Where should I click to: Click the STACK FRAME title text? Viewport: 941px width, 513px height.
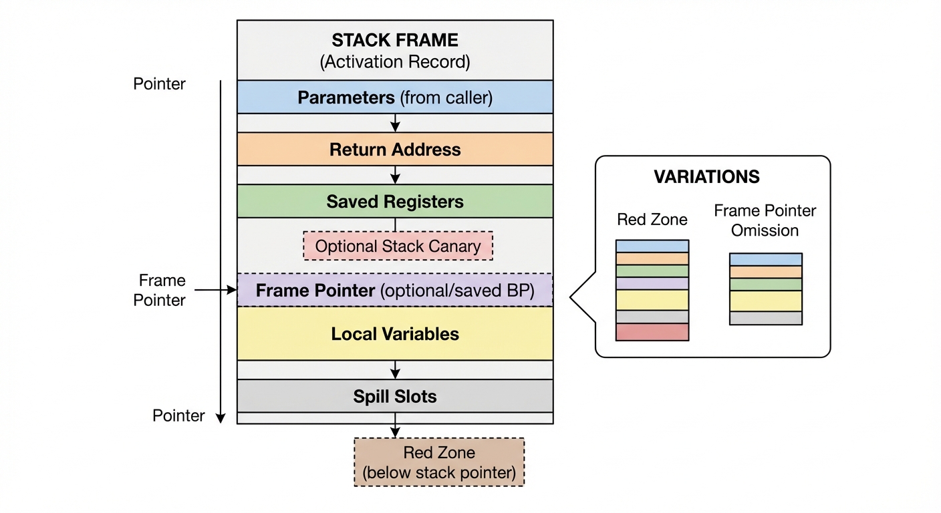click(395, 40)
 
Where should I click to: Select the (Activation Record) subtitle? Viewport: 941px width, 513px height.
click(395, 62)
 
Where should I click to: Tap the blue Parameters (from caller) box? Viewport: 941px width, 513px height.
click(395, 98)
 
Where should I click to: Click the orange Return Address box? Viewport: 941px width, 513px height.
click(395, 149)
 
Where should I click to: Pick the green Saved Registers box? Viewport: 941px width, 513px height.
click(395, 201)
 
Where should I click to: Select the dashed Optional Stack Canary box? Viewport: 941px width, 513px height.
click(398, 246)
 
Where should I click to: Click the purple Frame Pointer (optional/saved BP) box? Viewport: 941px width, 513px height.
click(395, 291)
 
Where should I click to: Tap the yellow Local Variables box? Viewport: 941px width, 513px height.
click(395, 334)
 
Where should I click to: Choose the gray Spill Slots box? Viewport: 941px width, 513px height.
click(395, 396)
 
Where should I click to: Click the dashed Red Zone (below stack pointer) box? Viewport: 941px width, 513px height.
click(439, 462)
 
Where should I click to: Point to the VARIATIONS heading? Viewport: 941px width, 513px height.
click(706, 177)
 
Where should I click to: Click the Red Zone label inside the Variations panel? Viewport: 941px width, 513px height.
click(652, 219)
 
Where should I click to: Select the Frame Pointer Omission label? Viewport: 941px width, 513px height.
click(765, 220)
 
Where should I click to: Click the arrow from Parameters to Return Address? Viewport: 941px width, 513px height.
click(395, 123)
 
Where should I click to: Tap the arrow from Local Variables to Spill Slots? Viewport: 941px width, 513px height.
click(395, 370)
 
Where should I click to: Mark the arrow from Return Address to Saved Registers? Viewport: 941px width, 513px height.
click(395, 175)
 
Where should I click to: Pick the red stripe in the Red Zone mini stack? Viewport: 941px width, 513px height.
click(652, 332)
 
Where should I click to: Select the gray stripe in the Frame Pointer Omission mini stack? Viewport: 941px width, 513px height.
click(765, 318)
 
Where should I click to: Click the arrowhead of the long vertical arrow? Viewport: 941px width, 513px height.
click(221, 418)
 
